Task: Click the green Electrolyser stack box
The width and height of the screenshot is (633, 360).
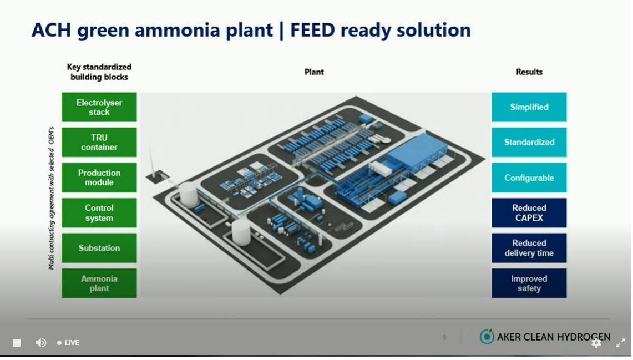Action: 99,107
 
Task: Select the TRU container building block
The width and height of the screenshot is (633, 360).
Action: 99,143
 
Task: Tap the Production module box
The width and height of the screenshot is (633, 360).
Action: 99,178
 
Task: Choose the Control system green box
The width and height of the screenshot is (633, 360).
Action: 99,213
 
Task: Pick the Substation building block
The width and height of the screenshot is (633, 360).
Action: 99,248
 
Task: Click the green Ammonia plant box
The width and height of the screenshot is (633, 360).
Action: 99,283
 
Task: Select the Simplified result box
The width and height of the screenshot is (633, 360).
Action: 529,107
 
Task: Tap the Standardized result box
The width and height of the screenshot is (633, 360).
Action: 529,143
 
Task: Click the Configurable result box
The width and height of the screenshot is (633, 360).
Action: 529,178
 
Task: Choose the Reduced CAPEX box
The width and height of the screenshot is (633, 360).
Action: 529,213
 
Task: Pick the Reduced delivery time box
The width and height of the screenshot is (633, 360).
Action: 529,248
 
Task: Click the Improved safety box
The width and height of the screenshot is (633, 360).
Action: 529,283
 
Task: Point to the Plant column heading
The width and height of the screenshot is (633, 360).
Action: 314,72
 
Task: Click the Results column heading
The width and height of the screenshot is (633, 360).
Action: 529,72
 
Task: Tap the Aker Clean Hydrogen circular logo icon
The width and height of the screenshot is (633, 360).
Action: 487,337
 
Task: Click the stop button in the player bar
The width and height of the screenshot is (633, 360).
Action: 17,343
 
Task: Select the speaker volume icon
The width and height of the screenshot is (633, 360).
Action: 40,343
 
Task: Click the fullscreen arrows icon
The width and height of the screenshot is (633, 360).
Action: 621,343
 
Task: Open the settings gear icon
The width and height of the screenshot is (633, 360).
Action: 596,343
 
